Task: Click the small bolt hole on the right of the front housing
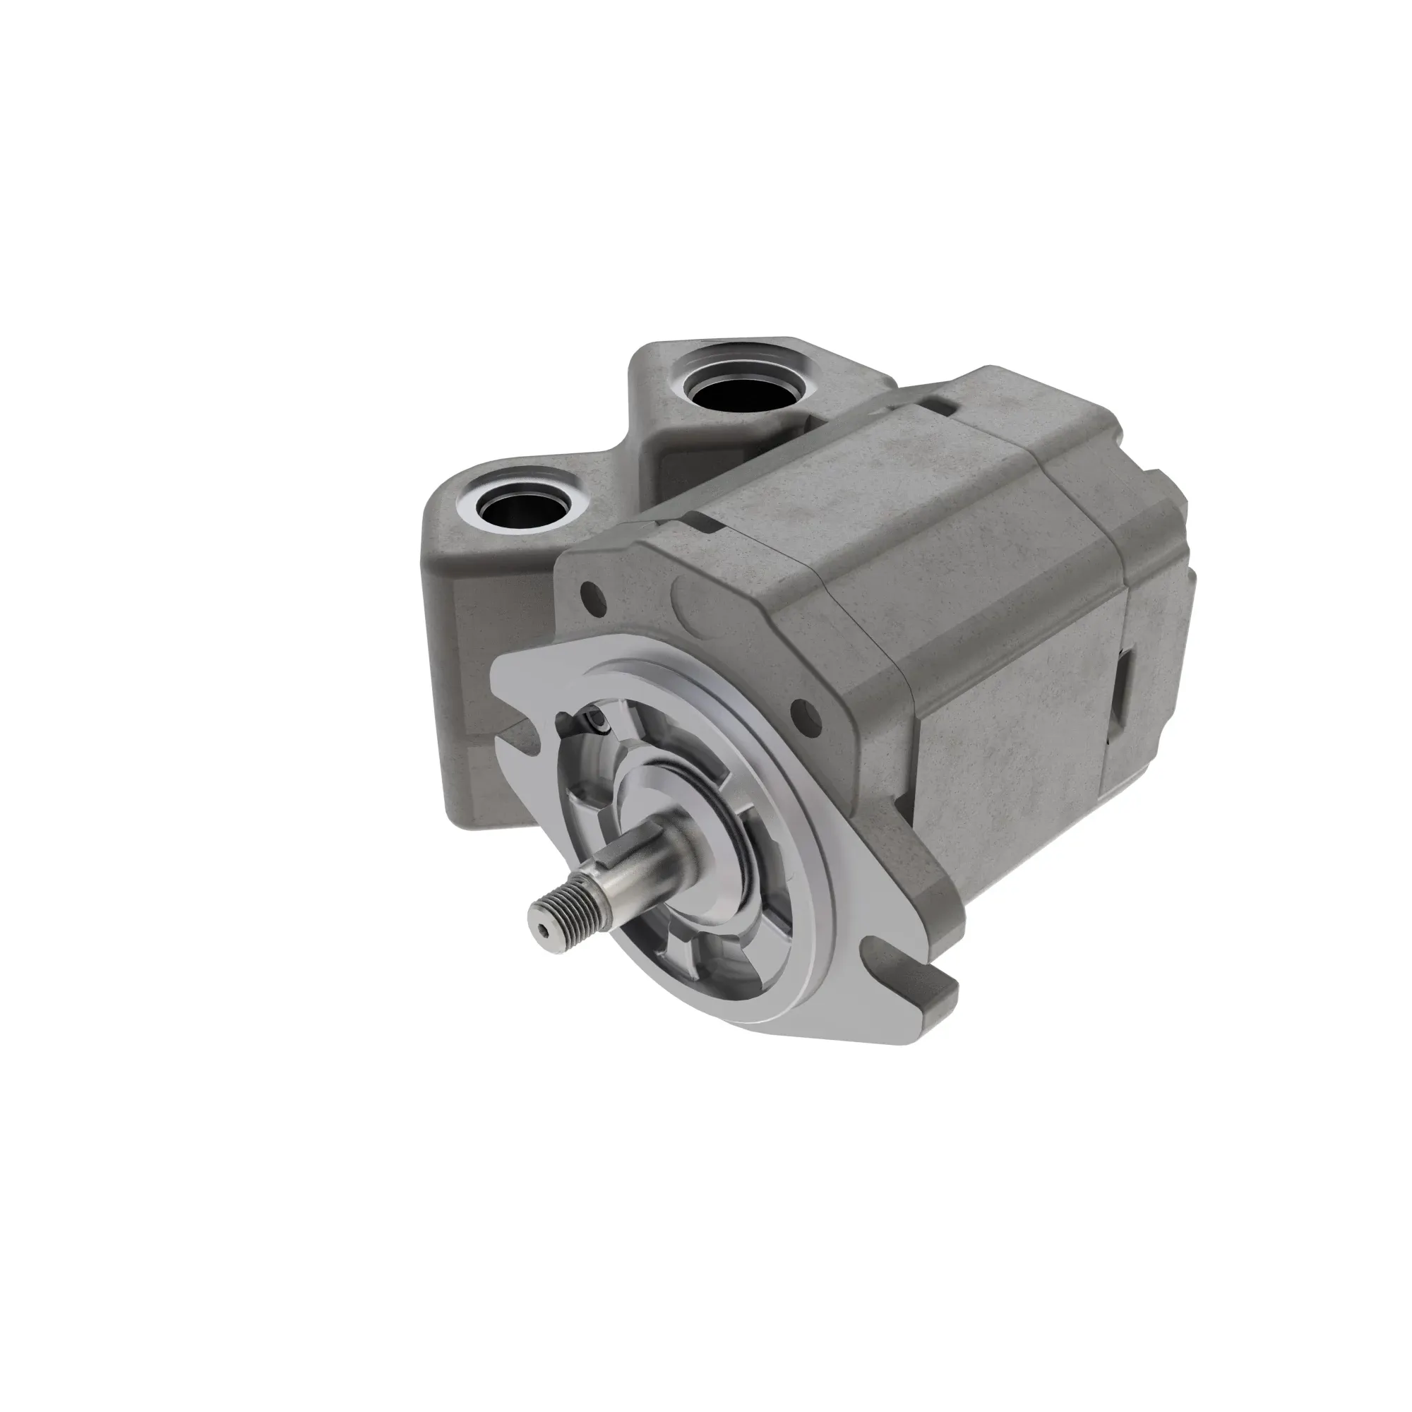pos(804,709)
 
